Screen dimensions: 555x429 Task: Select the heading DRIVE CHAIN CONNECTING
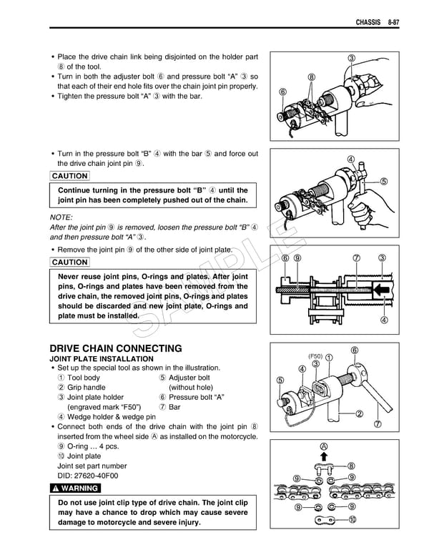coord(115,348)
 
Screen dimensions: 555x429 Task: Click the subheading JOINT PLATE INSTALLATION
coord(101,358)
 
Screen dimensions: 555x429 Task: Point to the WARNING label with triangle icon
coord(75,488)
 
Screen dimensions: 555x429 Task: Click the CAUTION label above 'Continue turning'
coord(70,176)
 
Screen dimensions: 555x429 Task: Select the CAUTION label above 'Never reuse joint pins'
coord(70,262)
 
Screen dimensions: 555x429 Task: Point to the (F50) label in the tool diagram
coord(316,356)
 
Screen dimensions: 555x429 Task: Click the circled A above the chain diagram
coord(323,446)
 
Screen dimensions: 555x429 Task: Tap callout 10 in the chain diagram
coord(352,520)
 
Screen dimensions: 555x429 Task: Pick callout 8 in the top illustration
coord(312,77)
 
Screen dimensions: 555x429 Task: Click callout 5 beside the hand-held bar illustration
coord(385,181)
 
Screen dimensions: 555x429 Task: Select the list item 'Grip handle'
coord(86,388)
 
